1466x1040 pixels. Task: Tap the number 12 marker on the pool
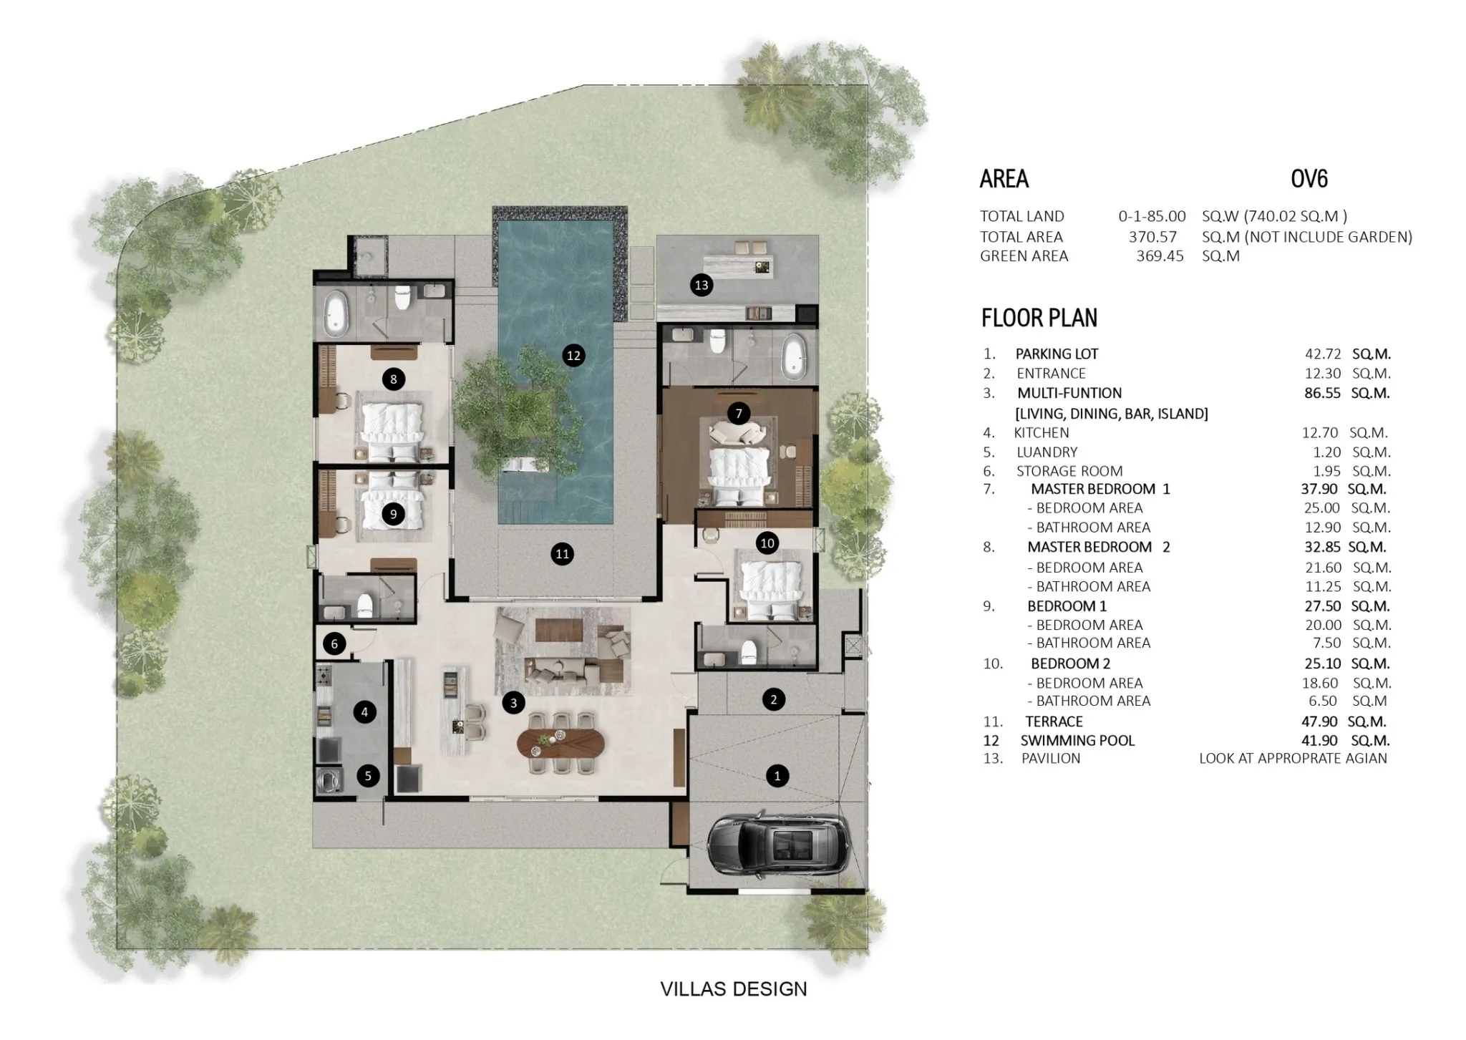tap(573, 355)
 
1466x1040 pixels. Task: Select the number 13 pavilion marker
tap(702, 286)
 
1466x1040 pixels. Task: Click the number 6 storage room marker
tap(334, 644)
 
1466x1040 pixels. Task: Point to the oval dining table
tap(560, 744)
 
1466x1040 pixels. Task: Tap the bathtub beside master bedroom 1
tap(792, 356)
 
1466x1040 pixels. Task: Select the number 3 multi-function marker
tap(513, 703)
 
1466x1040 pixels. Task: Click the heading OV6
tap(1309, 179)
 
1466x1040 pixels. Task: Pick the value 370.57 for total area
tap(1152, 237)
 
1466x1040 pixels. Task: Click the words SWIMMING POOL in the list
tap(1077, 741)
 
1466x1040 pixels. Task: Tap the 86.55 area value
tap(1322, 393)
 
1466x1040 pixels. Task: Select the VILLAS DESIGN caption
tap(734, 989)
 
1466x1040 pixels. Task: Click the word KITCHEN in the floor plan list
tap(1042, 432)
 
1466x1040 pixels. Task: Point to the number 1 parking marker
tap(777, 775)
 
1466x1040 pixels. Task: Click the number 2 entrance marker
tap(774, 699)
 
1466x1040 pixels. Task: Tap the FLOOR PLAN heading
tap(1039, 318)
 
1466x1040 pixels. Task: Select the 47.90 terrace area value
tap(1321, 721)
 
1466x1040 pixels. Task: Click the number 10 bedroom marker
tap(767, 543)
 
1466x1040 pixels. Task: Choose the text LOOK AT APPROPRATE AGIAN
tap(1293, 758)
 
